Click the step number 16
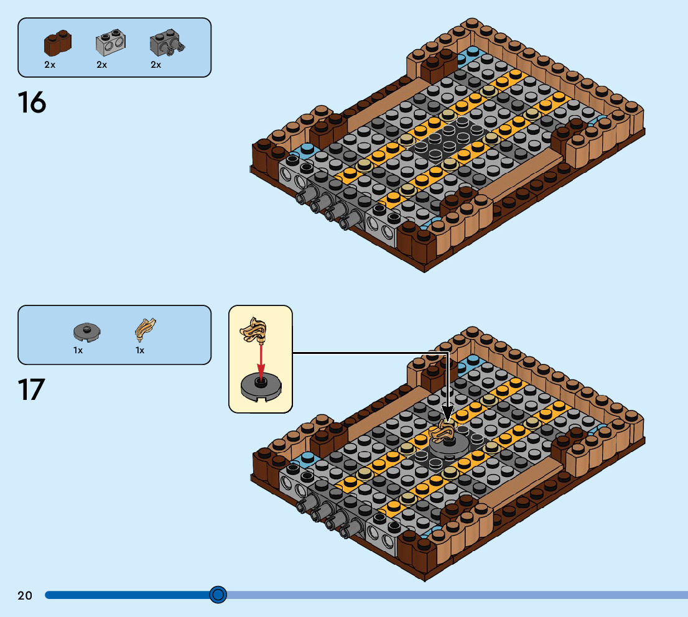tap(32, 103)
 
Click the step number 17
tap(32, 389)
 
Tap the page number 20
tap(25, 595)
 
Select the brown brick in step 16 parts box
tap(57, 44)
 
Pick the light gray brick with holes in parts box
tap(110, 44)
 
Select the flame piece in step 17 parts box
tap(146, 329)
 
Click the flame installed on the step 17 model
tap(447, 429)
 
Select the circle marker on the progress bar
tap(218, 595)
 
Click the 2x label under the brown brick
tap(50, 65)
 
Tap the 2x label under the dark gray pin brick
tap(156, 65)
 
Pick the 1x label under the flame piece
tap(140, 350)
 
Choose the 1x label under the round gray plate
tap(78, 350)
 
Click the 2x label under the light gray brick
tap(101, 65)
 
